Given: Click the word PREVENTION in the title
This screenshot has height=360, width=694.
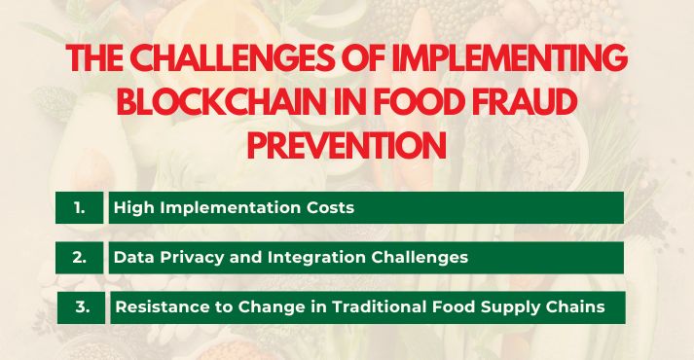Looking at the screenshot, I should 347,145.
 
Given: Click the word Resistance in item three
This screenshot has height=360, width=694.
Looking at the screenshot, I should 160,307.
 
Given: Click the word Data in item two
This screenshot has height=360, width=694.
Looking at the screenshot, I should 132,258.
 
